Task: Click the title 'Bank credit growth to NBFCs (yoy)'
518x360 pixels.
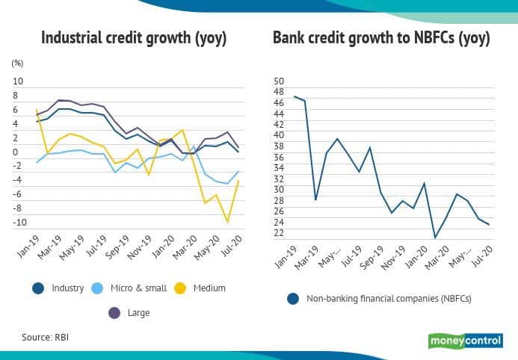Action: pos(381,37)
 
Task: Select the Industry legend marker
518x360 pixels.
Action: pos(37,288)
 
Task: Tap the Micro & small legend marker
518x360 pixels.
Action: pos(97,288)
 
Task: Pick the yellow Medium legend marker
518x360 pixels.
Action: pos(181,288)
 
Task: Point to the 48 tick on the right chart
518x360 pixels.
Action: pos(279,92)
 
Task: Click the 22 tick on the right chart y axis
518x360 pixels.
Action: pos(279,233)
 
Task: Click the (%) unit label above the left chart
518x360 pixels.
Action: pos(17,64)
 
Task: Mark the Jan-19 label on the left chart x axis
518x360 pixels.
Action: pos(28,249)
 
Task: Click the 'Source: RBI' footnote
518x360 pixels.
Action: pos(46,338)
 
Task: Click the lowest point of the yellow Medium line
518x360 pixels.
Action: pos(227,222)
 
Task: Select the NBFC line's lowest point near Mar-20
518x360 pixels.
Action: pos(435,238)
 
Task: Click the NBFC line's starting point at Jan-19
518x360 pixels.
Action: pos(295,96)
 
